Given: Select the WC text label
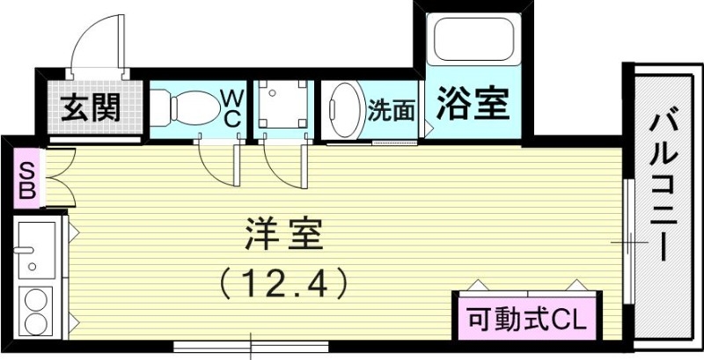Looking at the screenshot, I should pyautogui.click(x=231, y=108).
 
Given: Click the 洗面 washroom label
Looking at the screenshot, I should pyautogui.click(x=391, y=110).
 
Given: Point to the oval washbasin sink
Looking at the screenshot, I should pyautogui.click(x=344, y=110).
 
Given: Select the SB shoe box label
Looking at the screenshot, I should pyautogui.click(x=26, y=181).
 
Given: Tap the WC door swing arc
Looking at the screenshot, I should pyautogui.click(x=216, y=163).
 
